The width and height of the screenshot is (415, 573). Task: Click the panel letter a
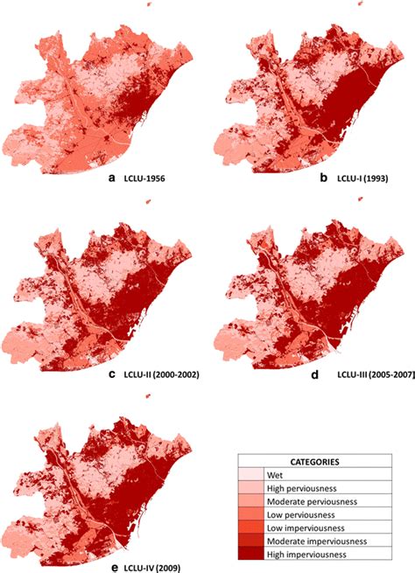[111, 178]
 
